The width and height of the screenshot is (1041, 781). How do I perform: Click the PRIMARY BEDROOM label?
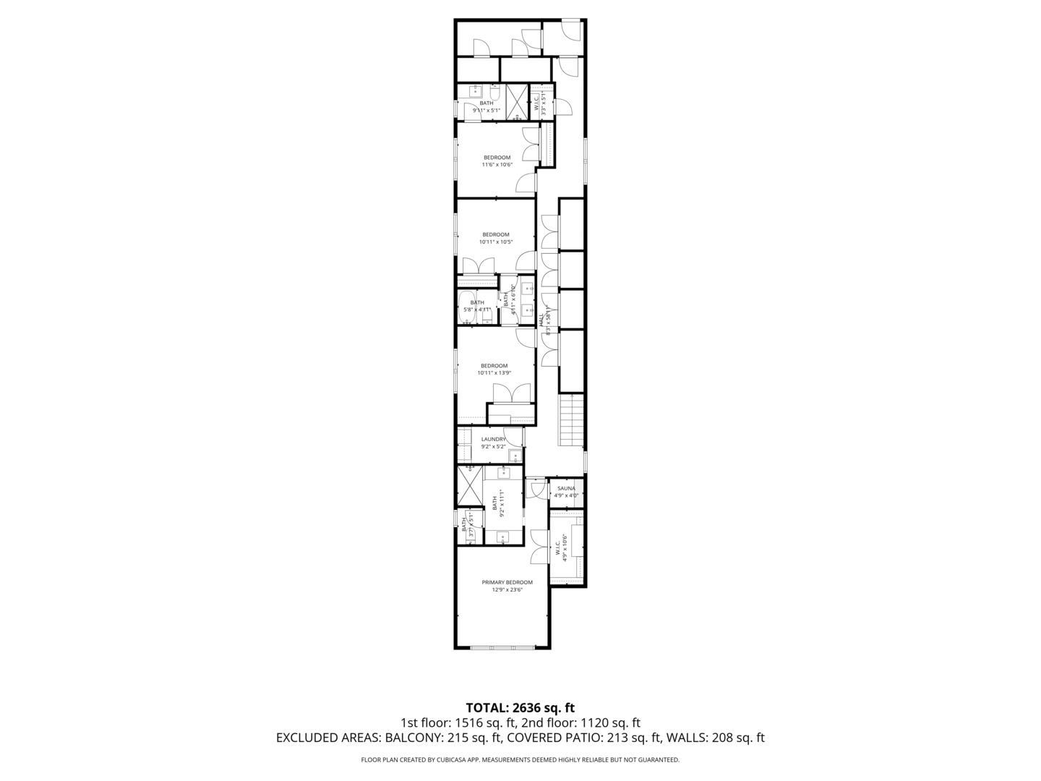click(507, 582)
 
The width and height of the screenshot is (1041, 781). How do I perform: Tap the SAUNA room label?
click(566, 488)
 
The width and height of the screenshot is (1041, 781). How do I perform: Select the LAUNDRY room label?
click(494, 439)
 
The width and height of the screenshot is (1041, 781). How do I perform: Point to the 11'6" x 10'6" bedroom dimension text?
click(497, 165)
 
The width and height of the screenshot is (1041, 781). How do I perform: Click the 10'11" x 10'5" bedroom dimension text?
click(495, 242)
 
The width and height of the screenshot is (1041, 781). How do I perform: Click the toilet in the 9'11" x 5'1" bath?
click(494, 92)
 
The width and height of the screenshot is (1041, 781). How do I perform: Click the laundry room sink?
click(515, 456)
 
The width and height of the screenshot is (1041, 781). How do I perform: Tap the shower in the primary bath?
click(469, 485)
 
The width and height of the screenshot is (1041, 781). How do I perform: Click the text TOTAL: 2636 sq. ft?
click(520, 707)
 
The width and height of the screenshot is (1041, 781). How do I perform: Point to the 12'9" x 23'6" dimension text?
click(507, 590)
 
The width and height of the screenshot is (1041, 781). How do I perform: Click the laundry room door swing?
click(514, 437)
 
